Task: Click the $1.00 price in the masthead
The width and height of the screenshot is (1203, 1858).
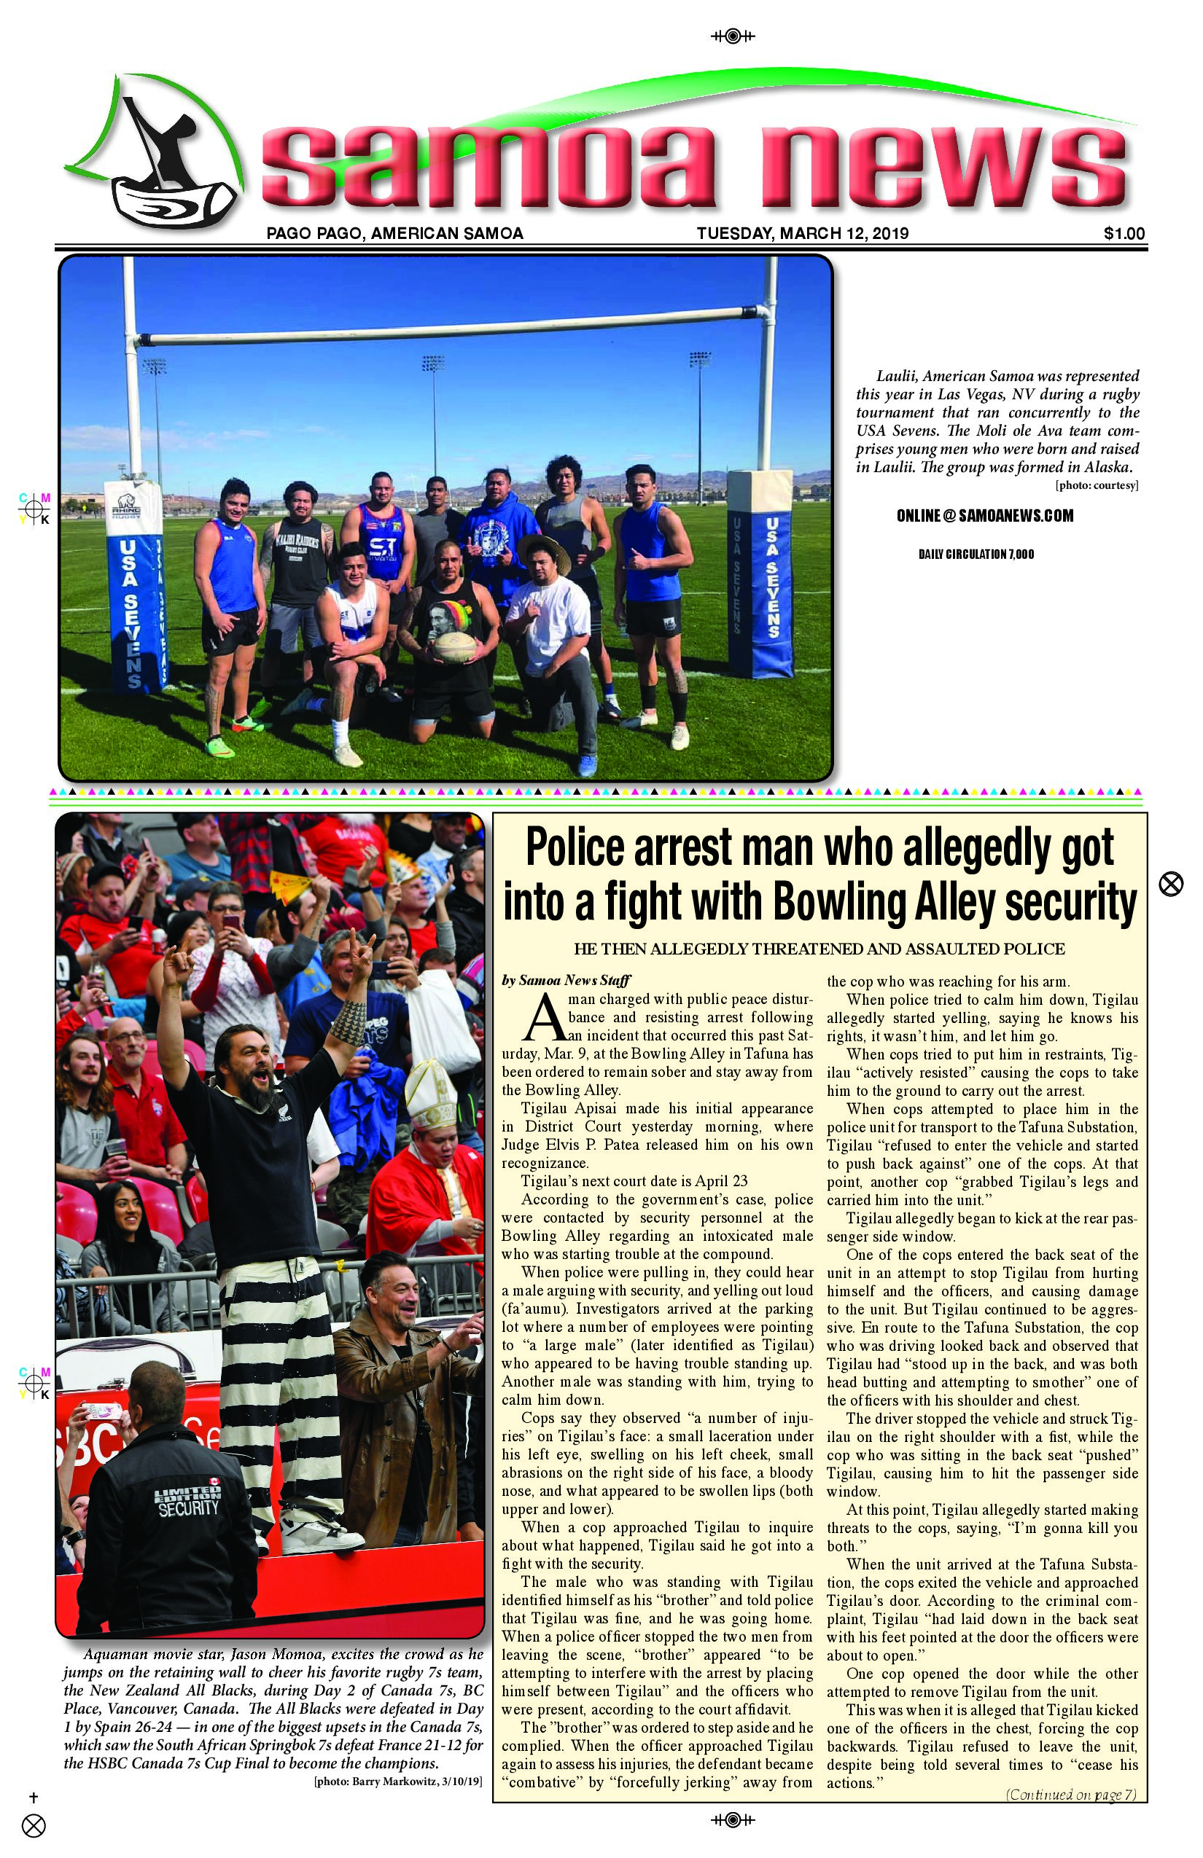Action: (1124, 233)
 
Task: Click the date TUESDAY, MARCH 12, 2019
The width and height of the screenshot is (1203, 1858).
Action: (802, 233)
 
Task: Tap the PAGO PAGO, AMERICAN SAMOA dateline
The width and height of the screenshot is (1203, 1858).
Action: (394, 233)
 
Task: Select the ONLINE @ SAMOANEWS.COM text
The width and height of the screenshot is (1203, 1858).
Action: (984, 515)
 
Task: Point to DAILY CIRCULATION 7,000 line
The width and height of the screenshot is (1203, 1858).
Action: (976, 554)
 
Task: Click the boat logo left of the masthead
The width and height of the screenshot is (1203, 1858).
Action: (156, 156)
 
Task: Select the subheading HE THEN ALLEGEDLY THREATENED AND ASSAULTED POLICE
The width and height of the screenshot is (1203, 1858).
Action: (819, 949)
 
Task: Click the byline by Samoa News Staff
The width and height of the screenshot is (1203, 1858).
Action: (566, 981)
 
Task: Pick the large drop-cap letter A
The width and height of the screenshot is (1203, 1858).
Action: (545, 1019)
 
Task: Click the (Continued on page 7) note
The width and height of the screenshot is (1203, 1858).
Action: (1070, 1794)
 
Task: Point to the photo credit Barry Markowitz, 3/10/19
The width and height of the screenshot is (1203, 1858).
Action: (397, 1781)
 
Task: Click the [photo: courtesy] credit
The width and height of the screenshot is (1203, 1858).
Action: (1096, 485)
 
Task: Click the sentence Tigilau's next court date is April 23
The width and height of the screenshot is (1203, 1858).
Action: (634, 1181)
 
